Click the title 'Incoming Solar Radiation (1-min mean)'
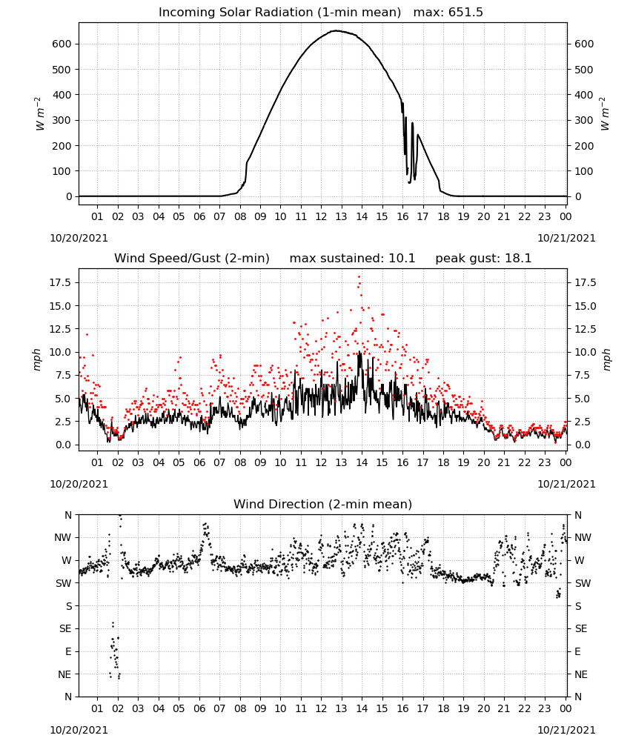(x=279, y=13)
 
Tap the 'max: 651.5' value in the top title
(x=448, y=13)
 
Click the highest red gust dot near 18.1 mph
(x=359, y=277)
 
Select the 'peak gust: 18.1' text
(x=483, y=259)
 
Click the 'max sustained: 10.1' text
(x=352, y=259)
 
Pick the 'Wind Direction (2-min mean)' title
(x=323, y=504)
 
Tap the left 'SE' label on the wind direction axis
(x=65, y=628)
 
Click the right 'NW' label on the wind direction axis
(x=583, y=537)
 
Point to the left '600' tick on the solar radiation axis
(x=62, y=44)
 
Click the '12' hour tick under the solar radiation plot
(x=321, y=216)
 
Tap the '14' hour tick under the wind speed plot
(x=362, y=462)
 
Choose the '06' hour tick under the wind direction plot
(x=199, y=708)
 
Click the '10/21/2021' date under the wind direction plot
(x=566, y=730)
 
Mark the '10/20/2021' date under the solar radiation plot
(x=79, y=238)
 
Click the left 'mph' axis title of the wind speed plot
(x=37, y=359)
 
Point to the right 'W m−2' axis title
(x=605, y=114)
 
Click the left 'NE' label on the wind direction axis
(x=65, y=674)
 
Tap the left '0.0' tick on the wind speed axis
(x=63, y=445)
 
